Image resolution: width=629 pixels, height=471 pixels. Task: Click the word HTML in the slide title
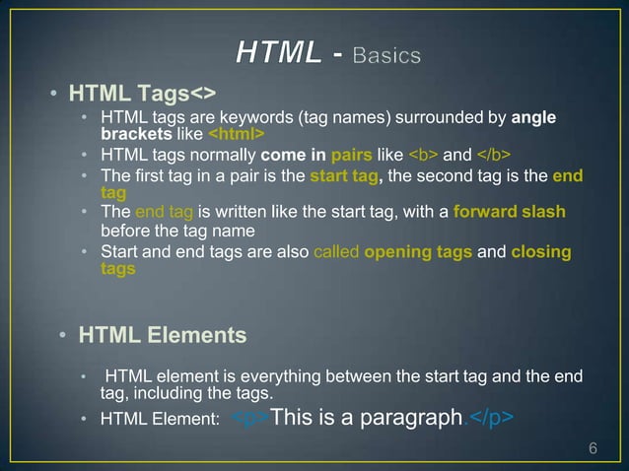point(279,54)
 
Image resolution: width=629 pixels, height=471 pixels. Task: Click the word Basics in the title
point(387,55)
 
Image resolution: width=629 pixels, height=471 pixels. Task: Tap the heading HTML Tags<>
point(141,95)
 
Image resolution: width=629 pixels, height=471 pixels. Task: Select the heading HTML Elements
point(163,335)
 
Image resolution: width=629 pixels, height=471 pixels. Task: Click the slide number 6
point(593,449)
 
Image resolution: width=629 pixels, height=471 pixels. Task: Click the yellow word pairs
point(351,155)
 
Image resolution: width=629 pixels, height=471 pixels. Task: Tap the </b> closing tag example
point(493,155)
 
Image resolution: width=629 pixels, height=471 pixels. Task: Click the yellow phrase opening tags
point(418,252)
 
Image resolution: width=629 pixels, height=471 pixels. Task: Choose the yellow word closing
point(541,252)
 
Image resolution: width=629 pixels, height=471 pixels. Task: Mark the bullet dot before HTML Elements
point(61,336)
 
